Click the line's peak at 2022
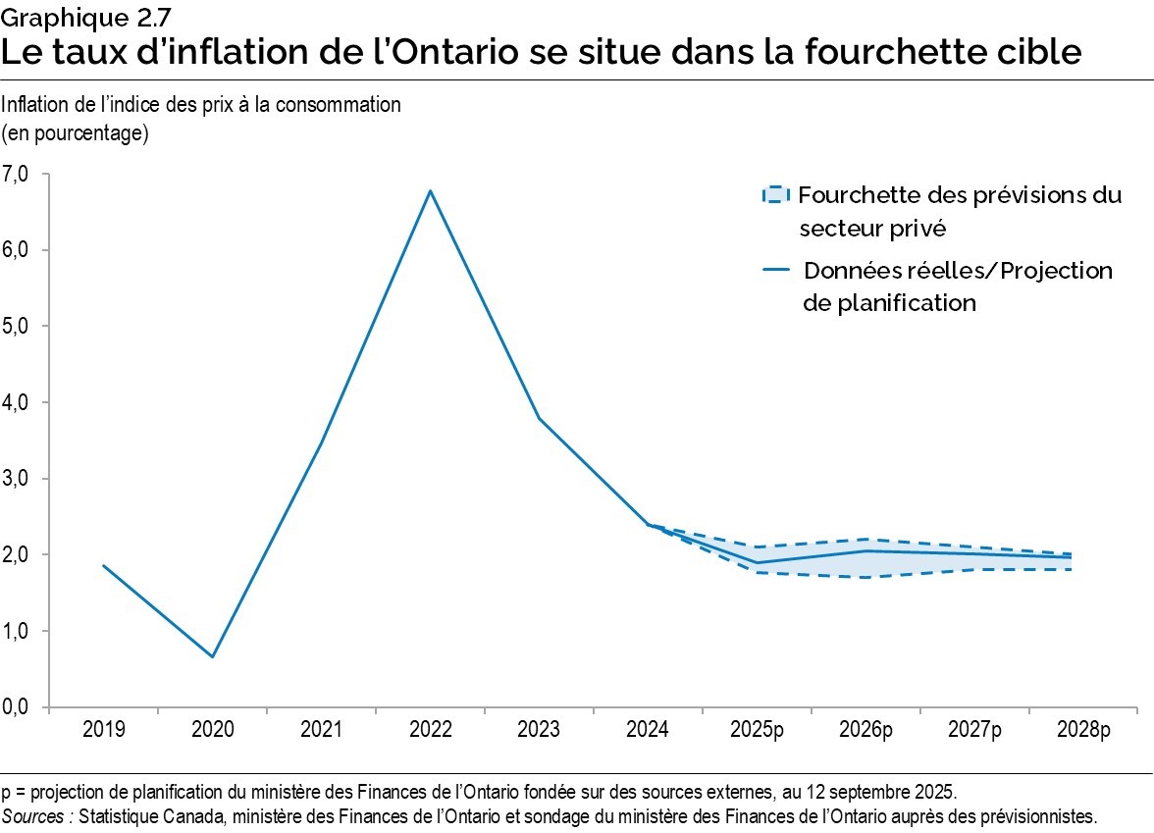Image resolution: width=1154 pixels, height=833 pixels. click(x=430, y=190)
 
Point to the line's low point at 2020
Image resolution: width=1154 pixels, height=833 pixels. click(x=213, y=656)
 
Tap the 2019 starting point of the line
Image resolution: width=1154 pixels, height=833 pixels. click(x=103, y=565)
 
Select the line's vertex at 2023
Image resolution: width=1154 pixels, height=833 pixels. click(x=539, y=419)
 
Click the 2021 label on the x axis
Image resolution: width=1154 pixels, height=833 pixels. click(x=321, y=730)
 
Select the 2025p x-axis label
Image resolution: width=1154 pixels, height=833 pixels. click(x=757, y=730)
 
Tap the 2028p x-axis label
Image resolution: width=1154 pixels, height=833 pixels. click(x=1083, y=730)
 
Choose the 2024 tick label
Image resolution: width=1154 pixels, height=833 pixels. click(x=648, y=730)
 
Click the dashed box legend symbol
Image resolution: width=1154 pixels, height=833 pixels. click(x=775, y=194)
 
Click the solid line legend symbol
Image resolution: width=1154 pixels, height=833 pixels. click(x=775, y=271)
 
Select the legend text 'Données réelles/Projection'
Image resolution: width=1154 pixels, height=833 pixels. click(x=958, y=271)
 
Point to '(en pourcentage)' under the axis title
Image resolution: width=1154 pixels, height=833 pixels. click(x=76, y=133)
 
